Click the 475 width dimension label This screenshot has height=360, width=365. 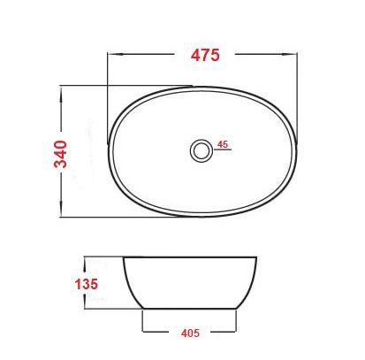click(x=205, y=54)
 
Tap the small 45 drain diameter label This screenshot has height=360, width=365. click(x=223, y=143)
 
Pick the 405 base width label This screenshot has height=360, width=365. click(x=191, y=333)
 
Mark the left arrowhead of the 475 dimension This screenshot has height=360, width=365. click(x=110, y=54)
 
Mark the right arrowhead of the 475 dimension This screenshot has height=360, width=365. click(x=296, y=54)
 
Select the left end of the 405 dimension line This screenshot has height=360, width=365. click(x=145, y=333)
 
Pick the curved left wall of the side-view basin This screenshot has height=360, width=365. click(x=129, y=285)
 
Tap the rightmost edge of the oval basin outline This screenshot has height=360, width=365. click(x=294, y=151)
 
